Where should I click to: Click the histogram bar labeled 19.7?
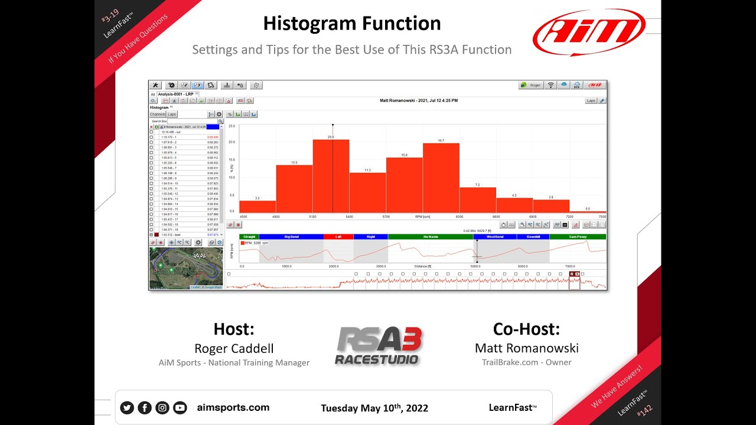point(441,178)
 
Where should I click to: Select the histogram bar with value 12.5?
point(294,189)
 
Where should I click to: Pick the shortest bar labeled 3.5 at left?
point(258,207)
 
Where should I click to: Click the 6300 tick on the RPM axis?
point(460,217)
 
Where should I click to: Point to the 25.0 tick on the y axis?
point(232,126)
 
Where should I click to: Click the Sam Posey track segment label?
point(577,237)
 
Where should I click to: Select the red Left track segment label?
point(338,237)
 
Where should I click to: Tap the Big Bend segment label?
point(291,237)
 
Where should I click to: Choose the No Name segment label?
point(430,237)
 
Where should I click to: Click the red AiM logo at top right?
point(588,32)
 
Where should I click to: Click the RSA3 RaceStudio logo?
point(378,346)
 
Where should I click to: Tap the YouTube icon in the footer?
point(180,407)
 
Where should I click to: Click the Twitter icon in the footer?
point(126,407)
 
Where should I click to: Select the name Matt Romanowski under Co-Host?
point(526,348)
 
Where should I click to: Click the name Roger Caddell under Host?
point(233,348)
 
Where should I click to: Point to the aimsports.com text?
point(233,407)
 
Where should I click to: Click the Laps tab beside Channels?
point(172,115)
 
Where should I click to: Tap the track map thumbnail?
point(185,268)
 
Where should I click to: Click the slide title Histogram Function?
point(351,23)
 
